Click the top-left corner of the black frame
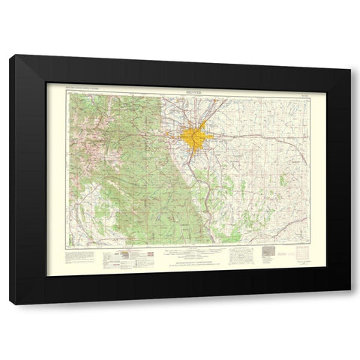(x=10, y=55)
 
